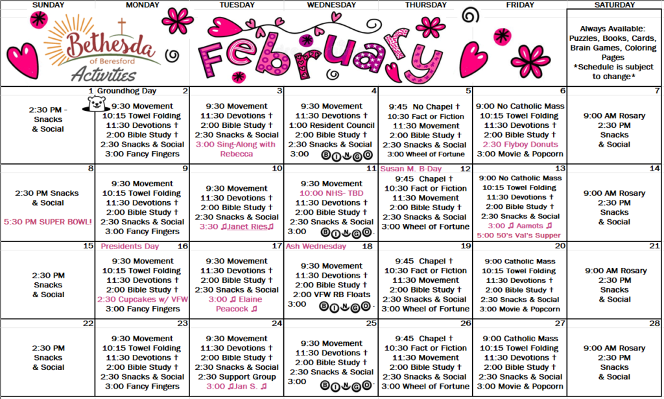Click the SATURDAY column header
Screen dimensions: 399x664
coord(615,5)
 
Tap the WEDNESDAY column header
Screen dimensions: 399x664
coord(331,5)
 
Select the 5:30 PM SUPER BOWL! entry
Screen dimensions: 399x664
coord(48,222)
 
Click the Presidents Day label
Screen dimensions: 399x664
coord(130,247)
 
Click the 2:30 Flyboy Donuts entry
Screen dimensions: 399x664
coord(520,145)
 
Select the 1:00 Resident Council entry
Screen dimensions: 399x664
coord(331,125)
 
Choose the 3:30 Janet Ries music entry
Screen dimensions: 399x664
coord(237,226)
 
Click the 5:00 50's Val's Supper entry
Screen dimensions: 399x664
coord(520,236)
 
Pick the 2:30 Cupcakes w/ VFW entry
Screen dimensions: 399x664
coord(142,299)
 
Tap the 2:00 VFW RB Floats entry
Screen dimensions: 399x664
coord(331,295)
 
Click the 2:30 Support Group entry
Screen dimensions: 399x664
coord(237,376)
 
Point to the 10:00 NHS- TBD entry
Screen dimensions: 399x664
coord(331,193)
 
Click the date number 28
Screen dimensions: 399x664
coord(655,323)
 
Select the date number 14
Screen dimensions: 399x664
coord(655,169)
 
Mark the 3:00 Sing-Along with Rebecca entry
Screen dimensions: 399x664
coord(237,149)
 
